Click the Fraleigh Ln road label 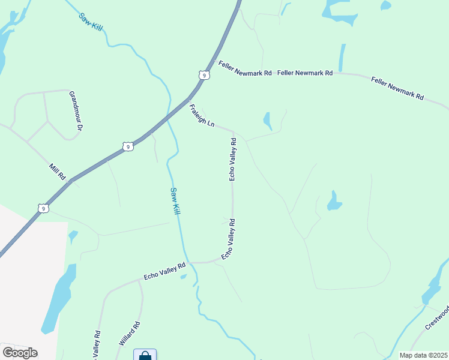202,116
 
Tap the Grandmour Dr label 76,111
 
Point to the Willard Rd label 130,334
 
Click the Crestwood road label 437,317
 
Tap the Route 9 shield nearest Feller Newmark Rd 205,75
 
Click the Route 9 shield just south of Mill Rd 42,208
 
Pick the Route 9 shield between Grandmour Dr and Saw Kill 127,146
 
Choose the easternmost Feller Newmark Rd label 397,88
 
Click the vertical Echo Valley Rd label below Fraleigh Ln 233,159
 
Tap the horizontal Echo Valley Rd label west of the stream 165,271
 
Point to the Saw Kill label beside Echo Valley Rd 174,201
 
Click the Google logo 20,352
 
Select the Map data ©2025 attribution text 423,355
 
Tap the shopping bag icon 145,355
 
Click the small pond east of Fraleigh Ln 268,121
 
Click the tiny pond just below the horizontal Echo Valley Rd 183,277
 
